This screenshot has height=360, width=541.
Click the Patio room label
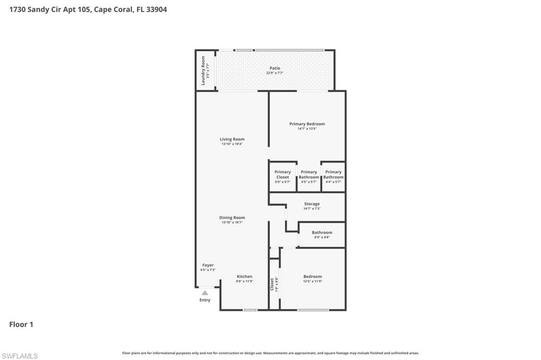tap(275, 68)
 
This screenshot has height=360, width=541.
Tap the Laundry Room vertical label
tap(203, 71)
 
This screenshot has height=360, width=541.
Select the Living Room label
tap(232, 139)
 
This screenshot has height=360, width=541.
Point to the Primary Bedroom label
tap(307, 124)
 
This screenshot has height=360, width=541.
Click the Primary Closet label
tap(282, 174)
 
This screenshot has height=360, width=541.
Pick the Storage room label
tap(312, 204)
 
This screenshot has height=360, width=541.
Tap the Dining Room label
tap(232, 217)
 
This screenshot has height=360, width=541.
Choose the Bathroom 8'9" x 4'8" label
tap(322, 232)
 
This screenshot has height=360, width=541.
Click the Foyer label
tap(208, 265)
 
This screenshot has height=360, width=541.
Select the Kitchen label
tap(244, 277)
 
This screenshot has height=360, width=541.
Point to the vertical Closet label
tap(272, 284)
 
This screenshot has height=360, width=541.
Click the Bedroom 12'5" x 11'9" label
tap(312, 277)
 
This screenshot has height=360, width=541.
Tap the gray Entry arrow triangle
tap(205, 292)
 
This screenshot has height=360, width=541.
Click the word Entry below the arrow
tap(205, 300)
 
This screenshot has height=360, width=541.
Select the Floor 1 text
tap(21, 325)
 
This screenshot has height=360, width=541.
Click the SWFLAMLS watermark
tap(20, 356)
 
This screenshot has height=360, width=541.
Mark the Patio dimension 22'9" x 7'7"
tap(275, 73)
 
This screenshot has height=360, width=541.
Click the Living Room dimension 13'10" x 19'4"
tap(232, 144)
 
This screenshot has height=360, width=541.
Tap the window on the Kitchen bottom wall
tap(250, 310)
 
